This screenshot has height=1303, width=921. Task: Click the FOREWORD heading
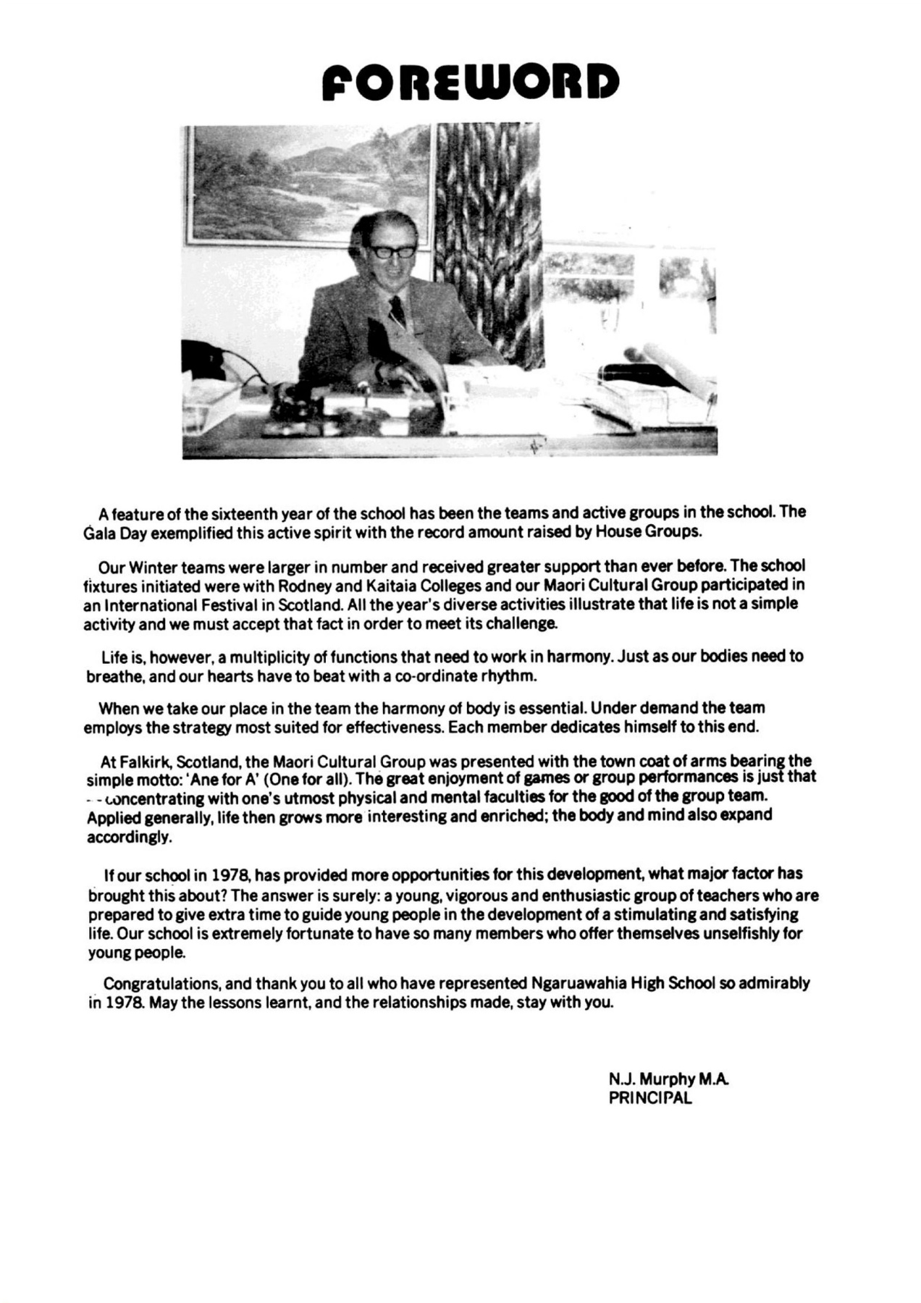pos(471,82)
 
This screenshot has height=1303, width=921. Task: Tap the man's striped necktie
pos(397,312)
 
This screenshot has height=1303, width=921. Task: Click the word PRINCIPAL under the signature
pos(650,1097)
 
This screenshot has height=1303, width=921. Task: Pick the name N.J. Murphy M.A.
pos(668,1079)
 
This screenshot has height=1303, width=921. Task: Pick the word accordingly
pos(130,838)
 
